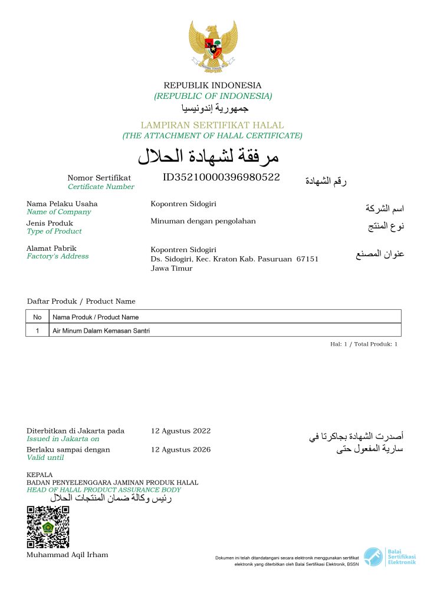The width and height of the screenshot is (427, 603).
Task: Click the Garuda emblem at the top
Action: tap(213, 47)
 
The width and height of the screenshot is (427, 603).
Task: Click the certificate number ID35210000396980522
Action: tap(221, 177)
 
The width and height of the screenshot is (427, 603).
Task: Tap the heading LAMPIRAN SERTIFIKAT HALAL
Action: tap(212, 125)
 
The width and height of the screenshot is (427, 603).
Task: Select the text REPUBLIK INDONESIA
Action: tap(212, 85)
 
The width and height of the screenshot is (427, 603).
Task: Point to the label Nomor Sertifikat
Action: tap(99, 178)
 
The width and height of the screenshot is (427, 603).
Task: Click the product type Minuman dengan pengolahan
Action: tap(203, 221)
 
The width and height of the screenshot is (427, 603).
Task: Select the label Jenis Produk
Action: tap(50, 223)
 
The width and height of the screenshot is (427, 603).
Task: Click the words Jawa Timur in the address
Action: tap(172, 269)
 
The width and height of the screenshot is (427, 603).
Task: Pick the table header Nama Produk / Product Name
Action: tap(96, 317)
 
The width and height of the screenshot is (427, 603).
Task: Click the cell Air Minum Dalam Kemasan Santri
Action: tap(101, 331)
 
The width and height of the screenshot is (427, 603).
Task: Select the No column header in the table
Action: tap(37, 317)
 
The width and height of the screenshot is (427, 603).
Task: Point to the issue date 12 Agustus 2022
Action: tap(180, 431)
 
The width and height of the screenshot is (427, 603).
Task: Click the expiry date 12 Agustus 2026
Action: tap(180, 450)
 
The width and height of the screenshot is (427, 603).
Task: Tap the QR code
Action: tap(48, 527)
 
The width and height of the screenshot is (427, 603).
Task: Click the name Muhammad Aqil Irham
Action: tap(67, 555)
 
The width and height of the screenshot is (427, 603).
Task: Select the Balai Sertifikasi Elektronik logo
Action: tap(389, 556)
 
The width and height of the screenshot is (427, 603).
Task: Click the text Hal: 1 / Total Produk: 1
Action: tap(364, 344)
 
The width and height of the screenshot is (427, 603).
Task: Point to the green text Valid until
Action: tap(45, 458)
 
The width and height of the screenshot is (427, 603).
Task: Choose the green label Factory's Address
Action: tap(58, 256)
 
